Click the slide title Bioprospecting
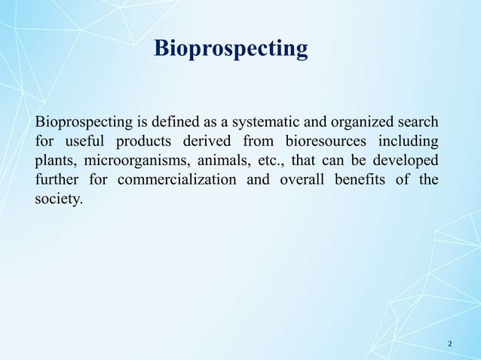click(230, 49)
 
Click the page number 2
click(450, 344)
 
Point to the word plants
click(55, 161)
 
